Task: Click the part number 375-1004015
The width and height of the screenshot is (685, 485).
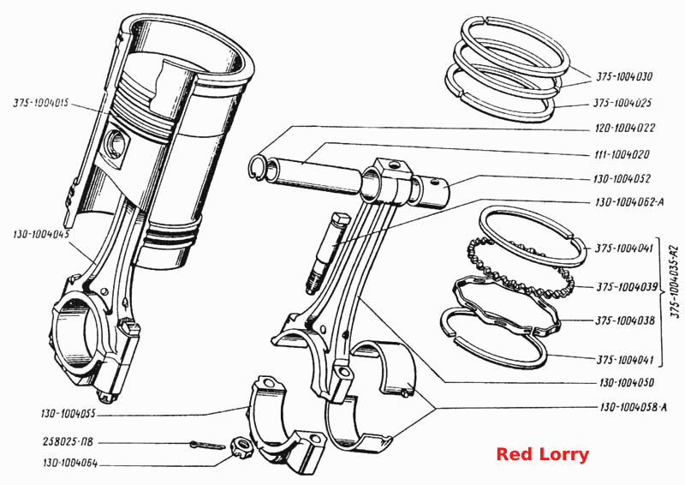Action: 40,104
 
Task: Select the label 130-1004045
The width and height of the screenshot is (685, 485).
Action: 41,234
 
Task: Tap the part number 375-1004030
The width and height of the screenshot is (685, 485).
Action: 624,77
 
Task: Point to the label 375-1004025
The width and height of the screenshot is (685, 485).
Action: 622,103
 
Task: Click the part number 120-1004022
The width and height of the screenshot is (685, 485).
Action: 625,129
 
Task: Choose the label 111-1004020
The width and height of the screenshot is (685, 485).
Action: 622,154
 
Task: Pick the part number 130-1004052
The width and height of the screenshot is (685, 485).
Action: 622,179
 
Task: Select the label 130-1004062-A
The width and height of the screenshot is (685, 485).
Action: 629,202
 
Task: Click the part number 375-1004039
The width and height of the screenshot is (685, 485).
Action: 627,287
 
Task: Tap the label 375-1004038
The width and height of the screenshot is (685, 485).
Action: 625,320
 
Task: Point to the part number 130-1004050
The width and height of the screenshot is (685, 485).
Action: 627,383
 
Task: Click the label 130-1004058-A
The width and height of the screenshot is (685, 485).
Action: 634,408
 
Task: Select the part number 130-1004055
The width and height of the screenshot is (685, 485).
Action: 68,413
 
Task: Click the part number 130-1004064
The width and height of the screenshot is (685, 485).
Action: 70,463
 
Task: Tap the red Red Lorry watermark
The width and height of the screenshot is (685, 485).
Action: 543,454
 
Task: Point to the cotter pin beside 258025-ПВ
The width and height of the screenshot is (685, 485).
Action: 208,446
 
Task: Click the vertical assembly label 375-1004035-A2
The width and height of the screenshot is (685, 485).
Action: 676,283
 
